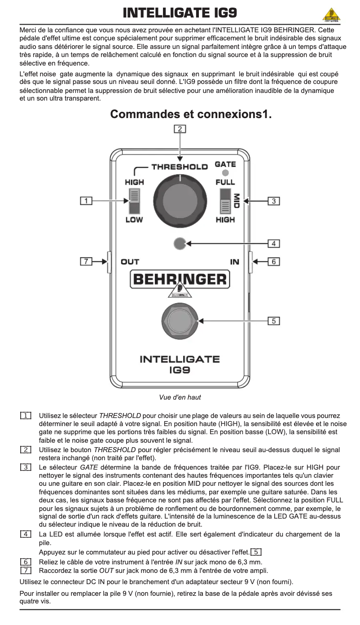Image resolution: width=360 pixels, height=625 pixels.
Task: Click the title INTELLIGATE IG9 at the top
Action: pyautogui.click(x=180, y=13)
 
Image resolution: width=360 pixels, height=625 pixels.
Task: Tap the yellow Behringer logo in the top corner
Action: pyautogui.click(x=331, y=15)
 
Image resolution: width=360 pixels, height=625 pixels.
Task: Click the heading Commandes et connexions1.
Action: pyautogui.click(x=191, y=114)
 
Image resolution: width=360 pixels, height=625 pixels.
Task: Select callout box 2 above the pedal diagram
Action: pyautogui.click(x=180, y=129)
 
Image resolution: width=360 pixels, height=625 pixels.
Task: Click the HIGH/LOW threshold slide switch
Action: pyautogui.click(x=134, y=201)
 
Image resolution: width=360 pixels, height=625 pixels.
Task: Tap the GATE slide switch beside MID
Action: pyautogui.click(x=225, y=201)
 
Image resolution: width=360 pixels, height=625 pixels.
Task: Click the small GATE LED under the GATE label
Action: pyautogui.click(x=225, y=173)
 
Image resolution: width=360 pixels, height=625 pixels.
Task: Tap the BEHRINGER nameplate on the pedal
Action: pyautogui.click(x=180, y=279)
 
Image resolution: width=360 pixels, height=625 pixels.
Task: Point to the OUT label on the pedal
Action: pyautogui.click(x=130, y=262)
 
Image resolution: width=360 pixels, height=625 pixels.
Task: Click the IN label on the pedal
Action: pyautogui.click(x=235, y=262)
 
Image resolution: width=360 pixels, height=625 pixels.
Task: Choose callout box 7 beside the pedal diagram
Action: pyautogui.click(x=86, y=261)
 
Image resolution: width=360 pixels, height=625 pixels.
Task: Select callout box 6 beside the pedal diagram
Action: pyautogui.click(x=274, y=261)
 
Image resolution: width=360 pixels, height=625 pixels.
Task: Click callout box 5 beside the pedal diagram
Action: pyautogui.click(x=274, y=321)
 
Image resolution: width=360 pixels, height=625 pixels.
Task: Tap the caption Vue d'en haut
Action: pyautogui.click(x=180, y=397)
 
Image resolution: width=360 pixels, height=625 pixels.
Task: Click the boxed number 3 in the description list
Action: pyautogui.click(x=26, y=467)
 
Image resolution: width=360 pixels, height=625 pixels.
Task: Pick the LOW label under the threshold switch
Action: pyautogui.click(x=134, y=220)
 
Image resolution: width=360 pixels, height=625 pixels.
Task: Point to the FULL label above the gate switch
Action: pyautogui.click(x=225, y=182)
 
